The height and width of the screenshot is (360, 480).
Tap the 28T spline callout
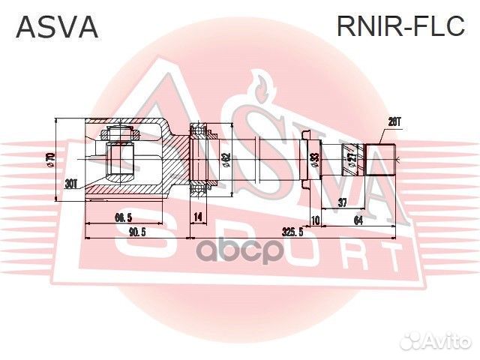pyautogui.click(x=394, y=121)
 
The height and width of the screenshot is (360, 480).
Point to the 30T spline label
pyautogui.click(x=71, y=184)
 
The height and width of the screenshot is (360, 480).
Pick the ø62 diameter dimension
pyautogui.click(x=225, y=160)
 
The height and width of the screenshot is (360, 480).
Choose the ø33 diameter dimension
pyautogui.click(x=315, y=159)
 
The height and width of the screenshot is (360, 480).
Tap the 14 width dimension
pyautogui.click(x=198, y=217)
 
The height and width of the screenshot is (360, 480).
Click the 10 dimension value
pyautogui.click(x=315, y=219)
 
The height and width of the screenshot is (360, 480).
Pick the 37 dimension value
pyautogui.click(x=342, y=202)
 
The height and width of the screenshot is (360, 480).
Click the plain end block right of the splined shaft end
pyautogui.click(x=381, y=159)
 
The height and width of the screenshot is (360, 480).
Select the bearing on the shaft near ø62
pyautogui.click(x=199, y=160)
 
